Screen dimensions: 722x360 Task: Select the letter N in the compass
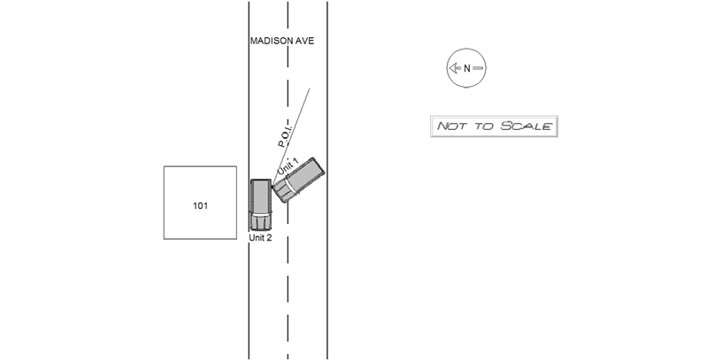coord(467,69)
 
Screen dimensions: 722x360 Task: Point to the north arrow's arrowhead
coord(452,68)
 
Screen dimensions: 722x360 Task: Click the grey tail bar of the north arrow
coord(478,68)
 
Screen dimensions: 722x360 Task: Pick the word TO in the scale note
coord(484,126)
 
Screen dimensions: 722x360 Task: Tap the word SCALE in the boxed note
coord(526,126)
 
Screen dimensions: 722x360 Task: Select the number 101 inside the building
coord(200,206)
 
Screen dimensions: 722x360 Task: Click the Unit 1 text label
coord(288,166)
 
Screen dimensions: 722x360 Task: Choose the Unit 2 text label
coord(261,238)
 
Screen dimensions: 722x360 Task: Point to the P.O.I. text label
coord(285,136)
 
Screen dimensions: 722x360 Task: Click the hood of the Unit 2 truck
coord(261,223)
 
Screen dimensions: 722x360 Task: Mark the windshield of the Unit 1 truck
coord(288,187)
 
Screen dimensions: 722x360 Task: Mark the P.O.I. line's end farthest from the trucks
coord(310,88)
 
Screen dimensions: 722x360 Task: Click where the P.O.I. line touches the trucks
coord(273,186)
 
